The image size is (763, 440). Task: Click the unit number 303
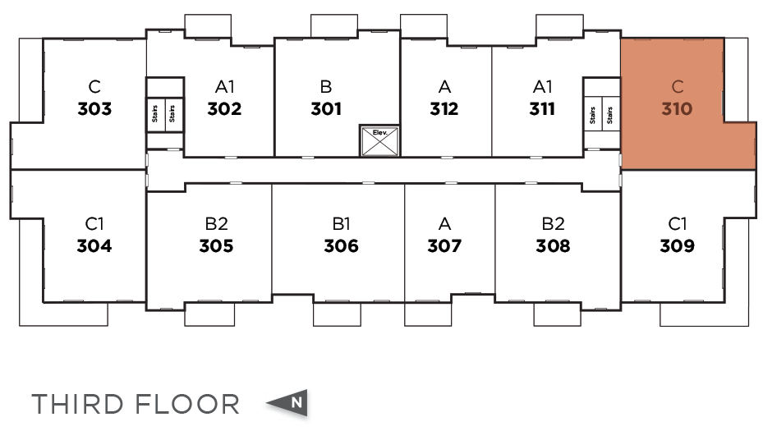click(x=94, y=109)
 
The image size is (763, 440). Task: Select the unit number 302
click(x=224, y=109)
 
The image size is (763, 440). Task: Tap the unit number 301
click(x=326, y=109)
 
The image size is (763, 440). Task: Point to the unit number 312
click(x=444, y=109)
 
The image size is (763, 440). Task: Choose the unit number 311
click(x=542, y=109)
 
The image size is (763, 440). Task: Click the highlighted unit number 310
click(x=678, y=108)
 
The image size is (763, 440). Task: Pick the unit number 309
click(x=677, y=245)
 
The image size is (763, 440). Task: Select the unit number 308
click(x=553, y=245)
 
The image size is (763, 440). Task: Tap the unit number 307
click(x=444, y=245)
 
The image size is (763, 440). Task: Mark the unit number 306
click(x=341, y=245)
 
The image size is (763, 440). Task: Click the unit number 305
click(x=216, y=245)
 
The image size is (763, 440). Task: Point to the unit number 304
click(x=94, y=245)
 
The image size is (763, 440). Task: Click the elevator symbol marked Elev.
click(x=380, y=141)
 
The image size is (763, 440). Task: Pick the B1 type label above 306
click(x=341, y=223)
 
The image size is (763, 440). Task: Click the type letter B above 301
click(x=326, y=86)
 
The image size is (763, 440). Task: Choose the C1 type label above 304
click(x=94, y=223)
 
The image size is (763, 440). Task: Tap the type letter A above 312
click(x=444, y=86)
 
